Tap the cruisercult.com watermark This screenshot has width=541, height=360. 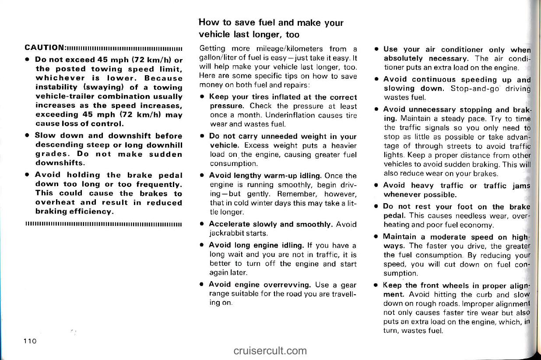tap(270, 350)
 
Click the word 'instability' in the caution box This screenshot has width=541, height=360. tap(56, 87)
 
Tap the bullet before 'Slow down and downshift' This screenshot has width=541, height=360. tap(27, 136)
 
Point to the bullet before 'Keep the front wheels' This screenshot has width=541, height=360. tap(376, 285)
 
